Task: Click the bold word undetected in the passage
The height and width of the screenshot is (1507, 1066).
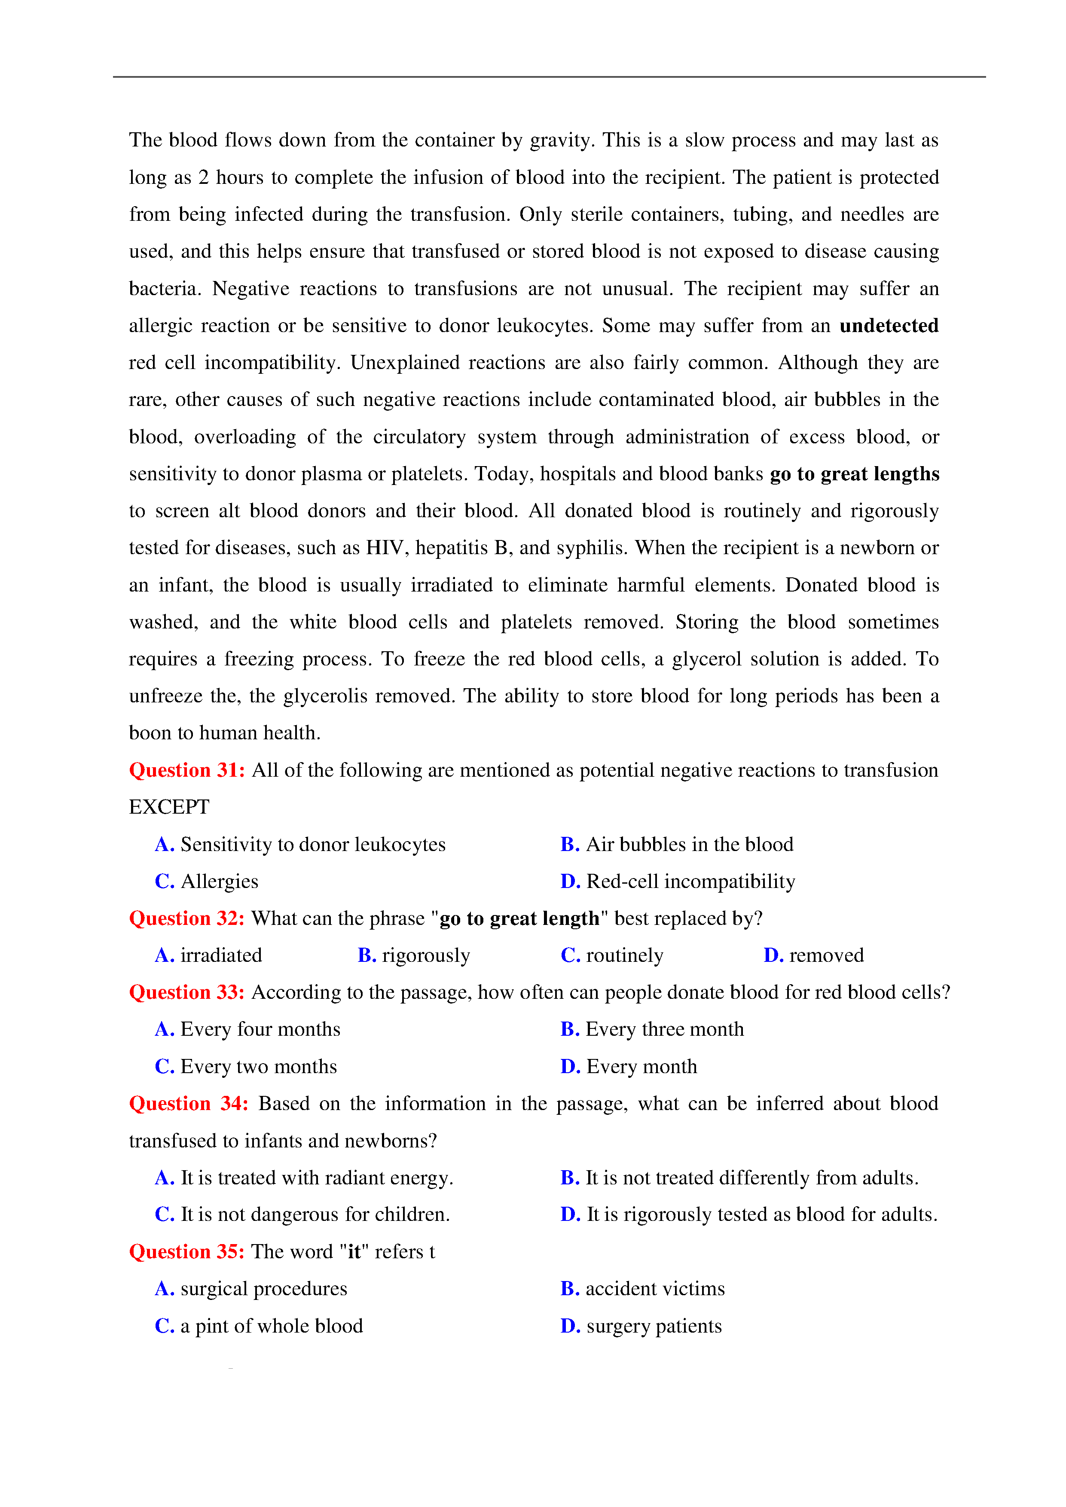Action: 889,326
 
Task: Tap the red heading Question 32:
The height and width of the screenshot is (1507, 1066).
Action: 187,918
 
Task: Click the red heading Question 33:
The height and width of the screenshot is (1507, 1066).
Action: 187,992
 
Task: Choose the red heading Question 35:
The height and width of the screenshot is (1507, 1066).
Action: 187,1252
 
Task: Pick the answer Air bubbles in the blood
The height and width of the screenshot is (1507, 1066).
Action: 689,844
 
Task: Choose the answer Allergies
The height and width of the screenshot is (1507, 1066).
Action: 219,882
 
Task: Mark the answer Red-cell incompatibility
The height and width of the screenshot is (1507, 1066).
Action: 690,882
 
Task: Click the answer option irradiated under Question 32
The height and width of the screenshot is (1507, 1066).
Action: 221,956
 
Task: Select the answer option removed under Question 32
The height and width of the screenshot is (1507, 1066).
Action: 826,956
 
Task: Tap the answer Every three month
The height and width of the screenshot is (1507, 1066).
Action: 664,1029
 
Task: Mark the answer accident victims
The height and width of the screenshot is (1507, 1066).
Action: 655,1289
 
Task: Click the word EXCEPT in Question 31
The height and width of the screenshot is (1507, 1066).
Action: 169,807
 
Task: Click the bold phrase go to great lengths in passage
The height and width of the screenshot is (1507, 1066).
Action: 854,474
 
